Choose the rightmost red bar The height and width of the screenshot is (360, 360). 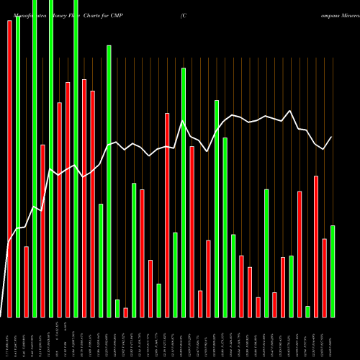tap(324, 277)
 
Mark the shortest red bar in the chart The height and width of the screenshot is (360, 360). tap(125, 312)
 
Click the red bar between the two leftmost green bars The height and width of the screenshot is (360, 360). tap(26, 282)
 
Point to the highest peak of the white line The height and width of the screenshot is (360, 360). tap(289, 111)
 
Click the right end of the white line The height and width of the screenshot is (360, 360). tap(332, 137)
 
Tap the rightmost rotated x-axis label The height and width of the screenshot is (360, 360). tap(333, 338)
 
